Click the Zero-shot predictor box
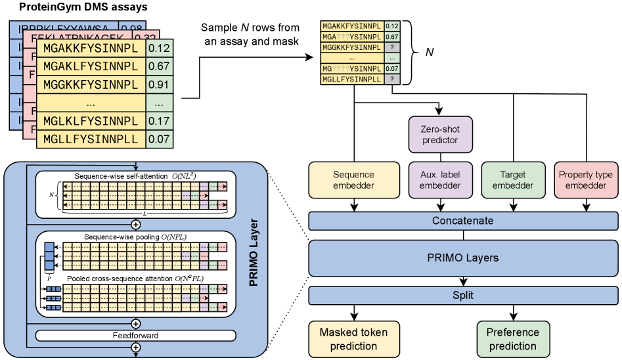tap(441, 134)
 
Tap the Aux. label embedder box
tap(441, 179)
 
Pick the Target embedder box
tap(512, 179)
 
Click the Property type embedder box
tap(585, 179)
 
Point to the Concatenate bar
tap(462, 221)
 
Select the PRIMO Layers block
tap(462, 258)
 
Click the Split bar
tap(462, 295)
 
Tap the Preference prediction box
tap(512, 339)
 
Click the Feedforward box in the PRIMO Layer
tap(135, 336)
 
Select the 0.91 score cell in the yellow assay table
tap(159, 85)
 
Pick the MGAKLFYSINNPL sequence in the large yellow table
tap(91, 66)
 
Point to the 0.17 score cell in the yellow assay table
tap(159, 122)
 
